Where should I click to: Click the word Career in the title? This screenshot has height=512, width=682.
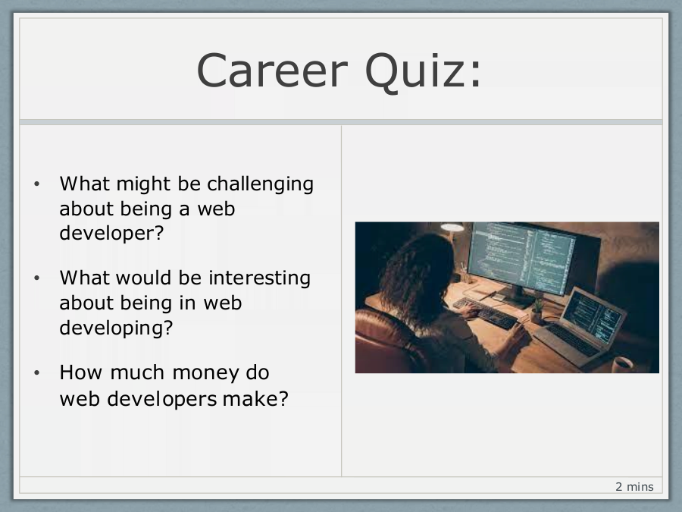272,71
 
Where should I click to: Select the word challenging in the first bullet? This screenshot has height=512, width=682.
260,184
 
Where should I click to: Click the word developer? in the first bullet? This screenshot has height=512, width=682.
111,234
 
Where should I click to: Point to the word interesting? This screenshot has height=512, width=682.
259,278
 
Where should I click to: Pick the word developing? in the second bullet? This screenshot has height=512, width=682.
116,328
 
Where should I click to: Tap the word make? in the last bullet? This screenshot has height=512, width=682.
255,398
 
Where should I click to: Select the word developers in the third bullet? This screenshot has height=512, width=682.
162,399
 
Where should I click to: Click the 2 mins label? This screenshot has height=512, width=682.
634,487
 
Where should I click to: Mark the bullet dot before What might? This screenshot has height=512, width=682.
36,184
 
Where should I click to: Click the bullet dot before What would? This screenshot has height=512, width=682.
36,278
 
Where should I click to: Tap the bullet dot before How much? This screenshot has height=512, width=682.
36,373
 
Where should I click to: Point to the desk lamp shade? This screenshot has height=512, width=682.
452,227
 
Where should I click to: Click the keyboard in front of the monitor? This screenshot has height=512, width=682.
485,313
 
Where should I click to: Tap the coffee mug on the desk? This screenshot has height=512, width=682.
623,365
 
